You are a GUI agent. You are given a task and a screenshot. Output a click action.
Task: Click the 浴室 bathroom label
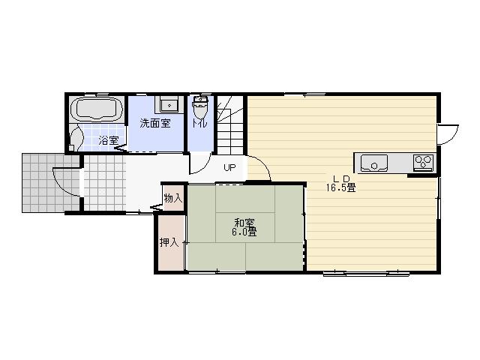point(108,140)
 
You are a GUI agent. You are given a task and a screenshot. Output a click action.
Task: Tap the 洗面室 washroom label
point(154,124)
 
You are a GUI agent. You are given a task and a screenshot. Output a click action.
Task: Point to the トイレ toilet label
point(199,124)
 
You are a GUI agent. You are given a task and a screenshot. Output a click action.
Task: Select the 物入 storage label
point(172,198)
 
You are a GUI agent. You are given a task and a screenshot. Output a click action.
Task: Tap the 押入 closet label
point(169,242)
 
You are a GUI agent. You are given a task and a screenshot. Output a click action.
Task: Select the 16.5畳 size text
point(340,188)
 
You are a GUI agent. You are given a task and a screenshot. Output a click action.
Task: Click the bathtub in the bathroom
point(96,109)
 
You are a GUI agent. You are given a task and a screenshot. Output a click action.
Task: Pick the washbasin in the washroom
point(169,105)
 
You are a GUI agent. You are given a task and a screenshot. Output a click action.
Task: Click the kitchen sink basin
point(374,162)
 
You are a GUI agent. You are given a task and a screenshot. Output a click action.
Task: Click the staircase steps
point(231,127)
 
